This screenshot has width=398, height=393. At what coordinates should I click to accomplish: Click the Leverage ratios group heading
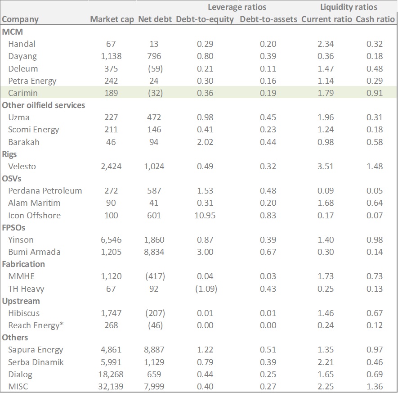pos(237,7)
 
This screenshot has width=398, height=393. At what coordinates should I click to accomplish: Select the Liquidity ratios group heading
pos(349,7)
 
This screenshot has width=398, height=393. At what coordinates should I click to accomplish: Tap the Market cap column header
pos(112,19)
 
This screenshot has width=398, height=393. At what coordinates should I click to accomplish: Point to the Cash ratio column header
pos(375,19)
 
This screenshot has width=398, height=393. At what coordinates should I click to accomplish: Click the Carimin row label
pos(22,93)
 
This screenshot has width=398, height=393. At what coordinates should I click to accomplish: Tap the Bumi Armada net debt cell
pos(154,252)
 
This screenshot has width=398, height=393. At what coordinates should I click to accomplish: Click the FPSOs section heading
pos(17,227)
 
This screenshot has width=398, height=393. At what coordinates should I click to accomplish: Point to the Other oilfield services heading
pos(44,105)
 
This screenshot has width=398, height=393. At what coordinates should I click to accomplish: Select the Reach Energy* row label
pos(33,325)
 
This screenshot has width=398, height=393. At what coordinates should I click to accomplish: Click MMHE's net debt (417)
pos(154,276)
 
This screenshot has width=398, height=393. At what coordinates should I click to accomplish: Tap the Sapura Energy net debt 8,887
pos(154,350)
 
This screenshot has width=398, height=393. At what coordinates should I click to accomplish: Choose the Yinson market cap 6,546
pos(109,239)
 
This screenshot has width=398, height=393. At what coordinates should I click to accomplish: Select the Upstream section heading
pos(21,301)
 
